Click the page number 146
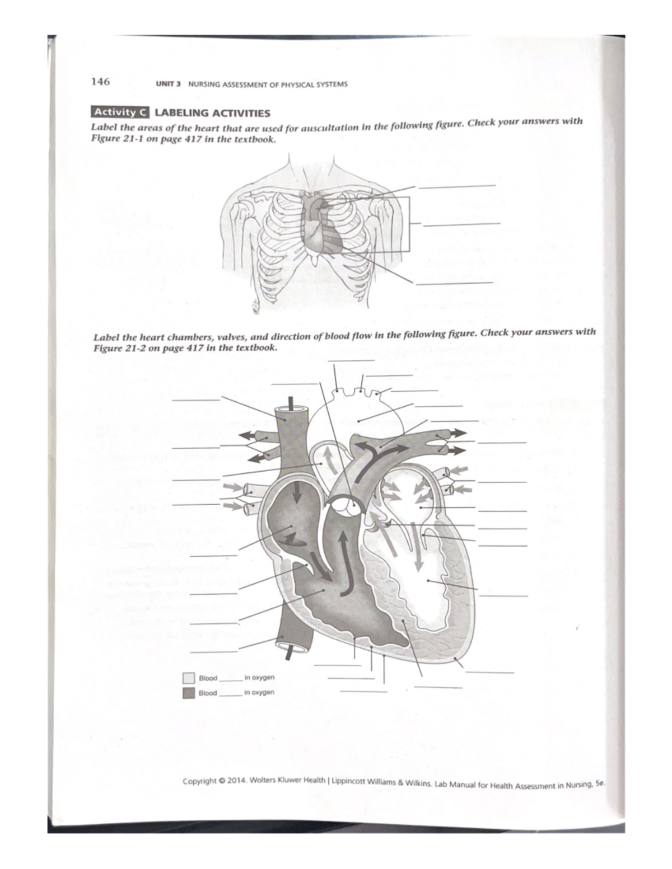[100, 82]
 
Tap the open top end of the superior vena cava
[290, 411]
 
